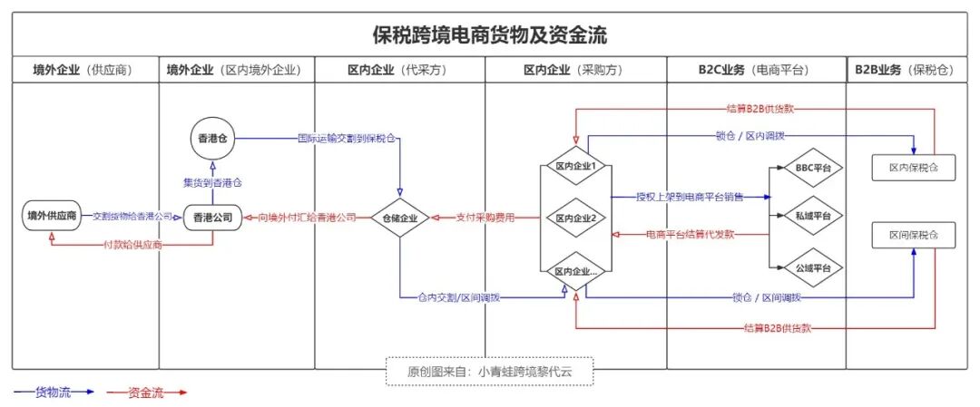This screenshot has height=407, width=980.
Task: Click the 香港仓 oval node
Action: pyautogui.click(x=212, y=139)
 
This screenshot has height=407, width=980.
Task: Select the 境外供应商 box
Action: pyautogui.click(x=52, y=217)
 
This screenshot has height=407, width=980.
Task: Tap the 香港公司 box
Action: pyautogui.click(x=213, y=218)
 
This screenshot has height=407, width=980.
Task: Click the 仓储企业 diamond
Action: pyautogui.click(x=399, y=218)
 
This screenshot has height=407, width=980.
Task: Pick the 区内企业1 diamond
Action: pyautogui.click(x=575, y=167)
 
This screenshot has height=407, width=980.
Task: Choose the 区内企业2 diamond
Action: pyautogui.click(x=575, y=218)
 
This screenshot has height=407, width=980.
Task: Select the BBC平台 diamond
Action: pyautogui.click(x=807, y=168)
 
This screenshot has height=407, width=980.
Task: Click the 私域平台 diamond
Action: pyautogui.click(x=807, y=217)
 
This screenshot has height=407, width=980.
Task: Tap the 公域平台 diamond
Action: pyautogui.click(x=807, y=267)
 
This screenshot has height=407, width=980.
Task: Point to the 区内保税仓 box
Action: pyautogui.click(x=913, y=168)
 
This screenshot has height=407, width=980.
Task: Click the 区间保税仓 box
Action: pyautogui.click(x=913, y=235)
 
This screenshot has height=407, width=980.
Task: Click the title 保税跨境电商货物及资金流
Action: pyautogui.click(x=489, y=36)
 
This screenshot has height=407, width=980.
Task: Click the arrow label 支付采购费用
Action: pyautogui.click(x=485, y=218)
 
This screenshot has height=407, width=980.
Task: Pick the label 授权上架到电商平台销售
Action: pyautogui.click(x=690, y=197)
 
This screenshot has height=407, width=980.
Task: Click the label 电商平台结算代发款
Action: pyautogui.click(x=691, y=235)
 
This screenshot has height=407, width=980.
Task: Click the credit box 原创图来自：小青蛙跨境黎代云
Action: pyautogui.click(x=489, y=370)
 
